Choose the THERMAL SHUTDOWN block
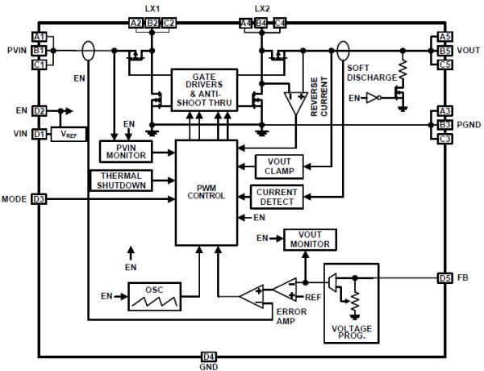(x=122, y=180)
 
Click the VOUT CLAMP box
(x=278, y=165)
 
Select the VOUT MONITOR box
(x=310, y=239)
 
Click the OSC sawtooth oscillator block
(x=152, y=295)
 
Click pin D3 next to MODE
(x=39, y=198)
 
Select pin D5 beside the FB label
(x=444, y=278)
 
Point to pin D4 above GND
(x=209, y=355)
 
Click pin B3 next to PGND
(x=444, y=125)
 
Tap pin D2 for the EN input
(x=39, y=110)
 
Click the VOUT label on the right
(x=469, y=50)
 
